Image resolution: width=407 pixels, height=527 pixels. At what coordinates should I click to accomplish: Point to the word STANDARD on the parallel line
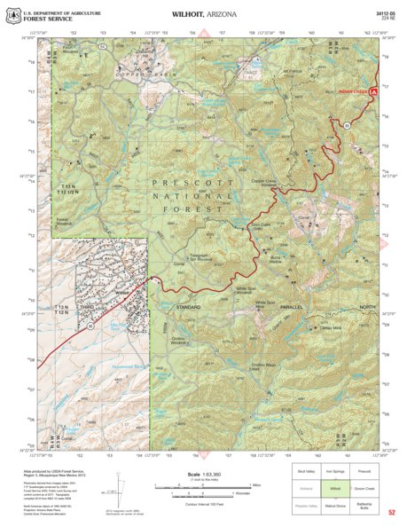tap(188, 306)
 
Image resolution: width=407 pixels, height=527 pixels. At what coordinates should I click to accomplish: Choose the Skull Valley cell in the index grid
tap(306, 471)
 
